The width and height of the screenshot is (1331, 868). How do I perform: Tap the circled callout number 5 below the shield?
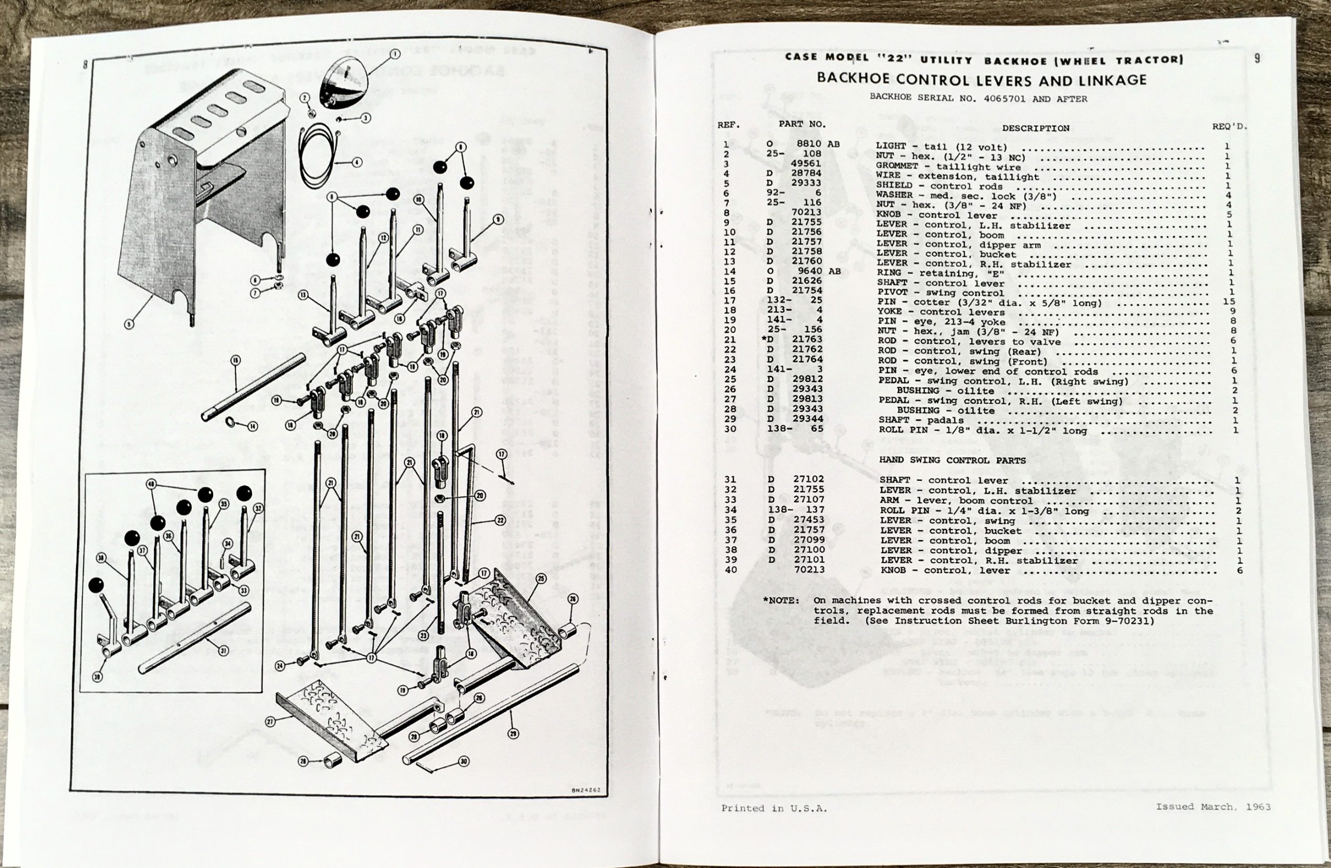click(129, 324)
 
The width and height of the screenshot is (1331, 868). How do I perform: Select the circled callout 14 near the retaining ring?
click(253, 426)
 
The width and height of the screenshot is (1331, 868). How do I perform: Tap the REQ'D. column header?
click(1229, 126)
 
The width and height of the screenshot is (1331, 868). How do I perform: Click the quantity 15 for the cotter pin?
click(1229, 302)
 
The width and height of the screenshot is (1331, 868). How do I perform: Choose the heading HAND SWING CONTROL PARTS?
click(952, 461)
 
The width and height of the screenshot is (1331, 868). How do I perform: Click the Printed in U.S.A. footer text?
click(774, 808)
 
